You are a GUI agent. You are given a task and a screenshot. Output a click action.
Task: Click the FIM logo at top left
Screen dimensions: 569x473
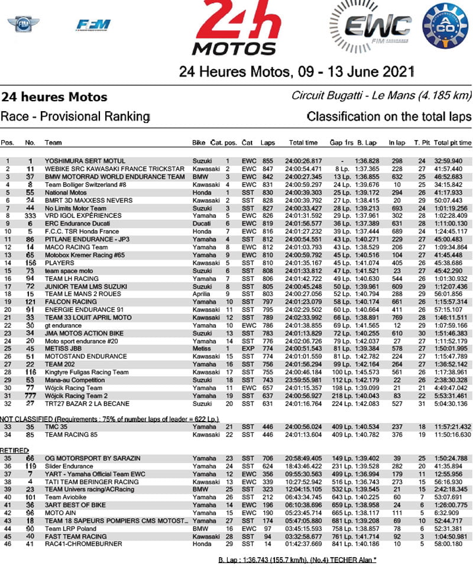pos(23,24)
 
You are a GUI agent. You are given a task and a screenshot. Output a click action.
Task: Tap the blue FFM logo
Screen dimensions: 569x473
pos(93,25)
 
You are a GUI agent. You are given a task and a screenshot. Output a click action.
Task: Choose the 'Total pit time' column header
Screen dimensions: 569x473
pos(452,143)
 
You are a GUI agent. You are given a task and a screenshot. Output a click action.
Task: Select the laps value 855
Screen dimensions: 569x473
pos(268,161)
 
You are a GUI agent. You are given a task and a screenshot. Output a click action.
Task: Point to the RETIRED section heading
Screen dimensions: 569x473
pos(17,450)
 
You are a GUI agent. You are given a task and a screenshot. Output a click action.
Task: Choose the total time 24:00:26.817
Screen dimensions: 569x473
pos(304,161)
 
